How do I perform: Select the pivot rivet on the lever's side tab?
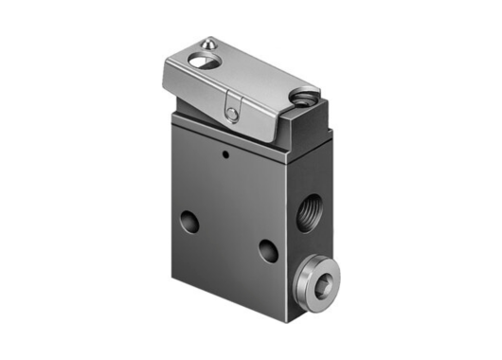pyautogui.click(x=232, y=114)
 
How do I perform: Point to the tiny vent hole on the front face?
pyautogui.click(x=224, y=152)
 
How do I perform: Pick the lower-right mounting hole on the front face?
pyautogui.click(x=269, y=251)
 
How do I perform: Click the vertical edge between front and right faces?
pyautogui.click(x=288, y=227)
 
